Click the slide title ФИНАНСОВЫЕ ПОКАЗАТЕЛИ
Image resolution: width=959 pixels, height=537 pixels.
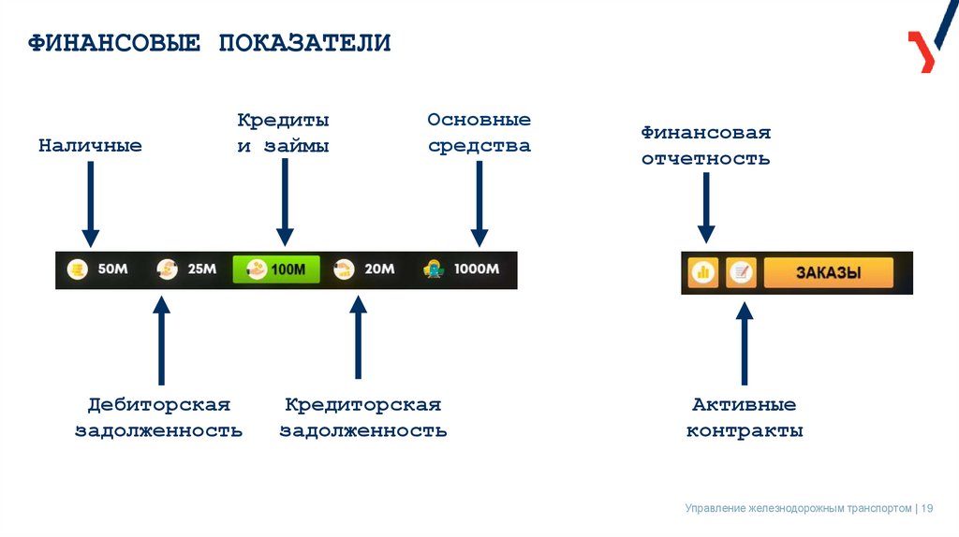coord(209,43)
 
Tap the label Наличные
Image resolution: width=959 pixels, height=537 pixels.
coord(90,146)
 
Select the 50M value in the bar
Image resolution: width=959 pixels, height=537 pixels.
coord(112,269)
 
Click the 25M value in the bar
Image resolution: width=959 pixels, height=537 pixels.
coord(202,269)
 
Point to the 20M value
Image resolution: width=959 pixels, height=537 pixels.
coord(379,269)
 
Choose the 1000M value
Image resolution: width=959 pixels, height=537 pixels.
coord(477,269)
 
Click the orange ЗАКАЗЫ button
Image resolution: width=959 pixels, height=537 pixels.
coord(828,273)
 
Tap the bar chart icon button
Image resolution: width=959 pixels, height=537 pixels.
coord(703,273)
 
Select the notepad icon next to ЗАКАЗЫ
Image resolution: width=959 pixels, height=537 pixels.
coord(741,273)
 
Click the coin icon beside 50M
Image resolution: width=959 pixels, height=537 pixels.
coord(78,269)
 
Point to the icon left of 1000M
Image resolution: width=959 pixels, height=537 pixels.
coord(433,269)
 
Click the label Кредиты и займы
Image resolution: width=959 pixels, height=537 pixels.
coord(283,133)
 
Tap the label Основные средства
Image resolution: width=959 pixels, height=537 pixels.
coord(479,133)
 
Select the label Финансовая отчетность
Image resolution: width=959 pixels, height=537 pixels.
coord(705,145)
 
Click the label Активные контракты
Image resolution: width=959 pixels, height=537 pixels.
coord(745,418)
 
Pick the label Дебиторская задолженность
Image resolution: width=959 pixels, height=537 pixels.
coord(158,417)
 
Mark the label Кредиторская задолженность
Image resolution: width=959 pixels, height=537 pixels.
coord(363,417)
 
